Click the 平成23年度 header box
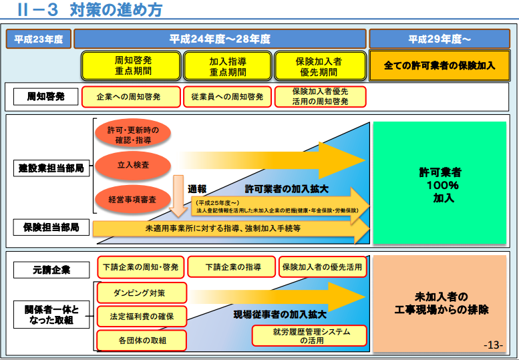click(x=39, y=39)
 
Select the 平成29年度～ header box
click(x=440, y=39)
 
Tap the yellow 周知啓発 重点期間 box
click(x=132, y=65)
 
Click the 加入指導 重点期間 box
click(x=228, y=65)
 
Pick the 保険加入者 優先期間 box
click(x=319, y=65)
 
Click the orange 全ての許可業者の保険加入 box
click(x=440, y=65)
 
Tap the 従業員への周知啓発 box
click(x=227, y=97)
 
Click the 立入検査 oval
click(x=133, y=164)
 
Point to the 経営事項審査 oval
click(x=133, y=199)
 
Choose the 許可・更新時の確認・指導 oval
click(x=133, y=135)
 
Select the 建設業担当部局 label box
click(x=51, y=168)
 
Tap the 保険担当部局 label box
click(x=51, y=228)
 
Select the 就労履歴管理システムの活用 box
click(x=309, y=335)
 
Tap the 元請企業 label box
click(x=51, y=270)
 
